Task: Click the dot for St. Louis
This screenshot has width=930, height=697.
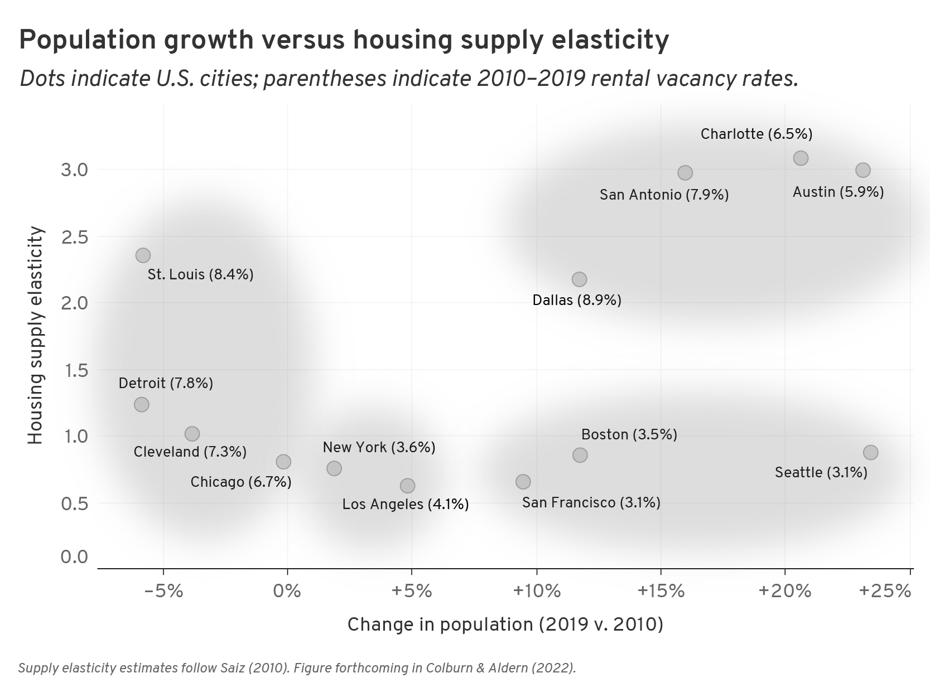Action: pos(143,255)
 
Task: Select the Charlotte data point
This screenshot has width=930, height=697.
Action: pos(801,158)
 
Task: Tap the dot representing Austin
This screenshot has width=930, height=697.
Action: pos(863,170)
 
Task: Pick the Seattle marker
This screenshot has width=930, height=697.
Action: pos(870,452)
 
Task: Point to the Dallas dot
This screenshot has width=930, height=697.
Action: pos(579,279)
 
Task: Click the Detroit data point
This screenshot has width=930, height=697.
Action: pos(142,404)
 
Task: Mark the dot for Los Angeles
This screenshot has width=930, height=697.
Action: pos(407,486)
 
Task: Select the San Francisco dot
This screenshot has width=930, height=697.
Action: pos(523,481)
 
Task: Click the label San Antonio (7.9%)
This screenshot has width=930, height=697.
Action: pos(664,195)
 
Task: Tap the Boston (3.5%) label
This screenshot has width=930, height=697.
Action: pos(629,434)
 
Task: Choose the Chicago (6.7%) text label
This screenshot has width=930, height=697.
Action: pos(241,482)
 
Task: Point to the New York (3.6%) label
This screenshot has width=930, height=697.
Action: pos(379,447)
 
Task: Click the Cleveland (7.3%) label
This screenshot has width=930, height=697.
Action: pos(190,452)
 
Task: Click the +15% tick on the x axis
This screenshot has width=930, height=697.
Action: pos(661,590)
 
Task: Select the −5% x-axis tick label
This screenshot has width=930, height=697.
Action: pos(163,590)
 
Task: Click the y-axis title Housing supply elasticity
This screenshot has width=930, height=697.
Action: pos(35,335)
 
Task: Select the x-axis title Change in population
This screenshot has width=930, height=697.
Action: pos(505,625)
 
